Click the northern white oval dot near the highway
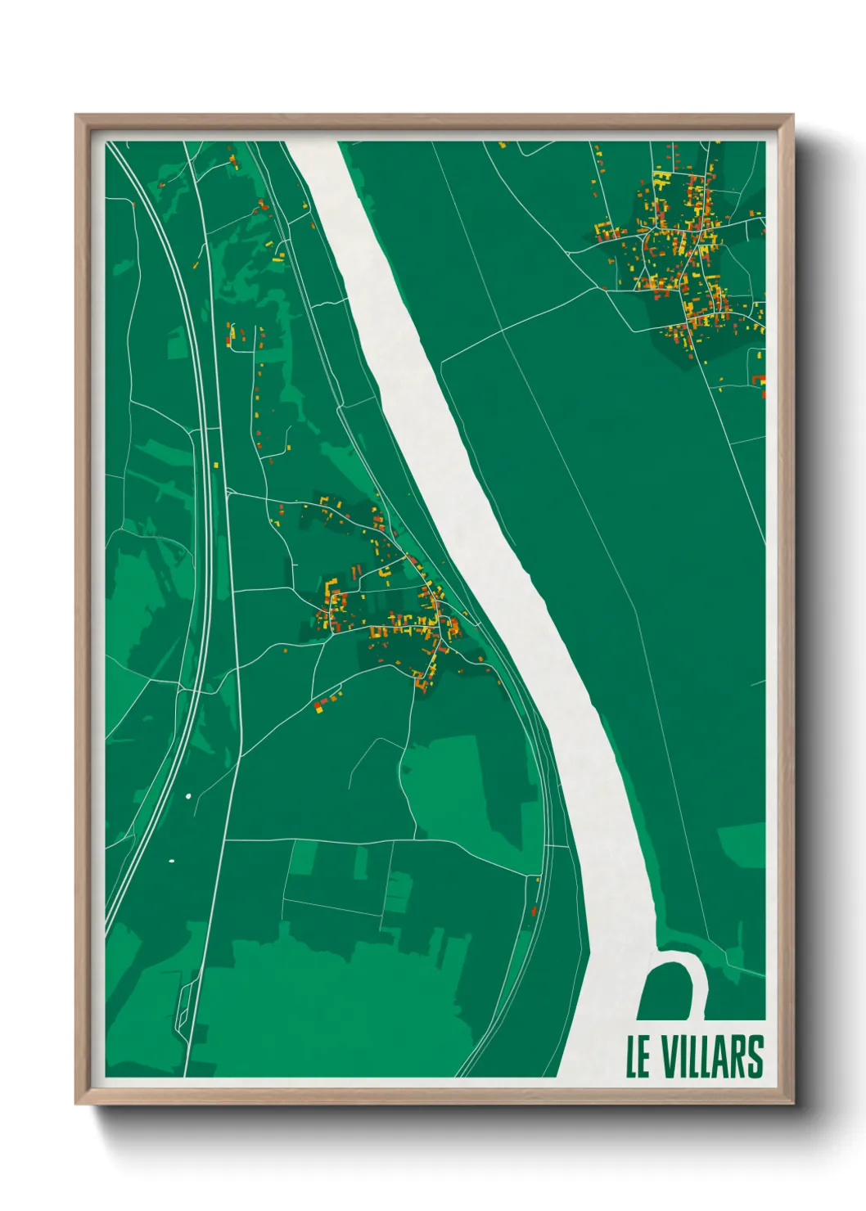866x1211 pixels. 187,795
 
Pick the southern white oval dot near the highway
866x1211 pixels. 172,861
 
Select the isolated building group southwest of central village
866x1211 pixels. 326,701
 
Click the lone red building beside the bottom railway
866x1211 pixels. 534,910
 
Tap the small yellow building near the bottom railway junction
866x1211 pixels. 538,880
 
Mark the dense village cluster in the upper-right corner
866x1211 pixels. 679,262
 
